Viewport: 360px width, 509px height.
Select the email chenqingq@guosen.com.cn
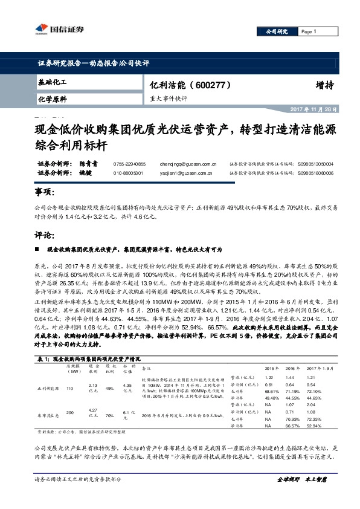(x=188, y=163)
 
